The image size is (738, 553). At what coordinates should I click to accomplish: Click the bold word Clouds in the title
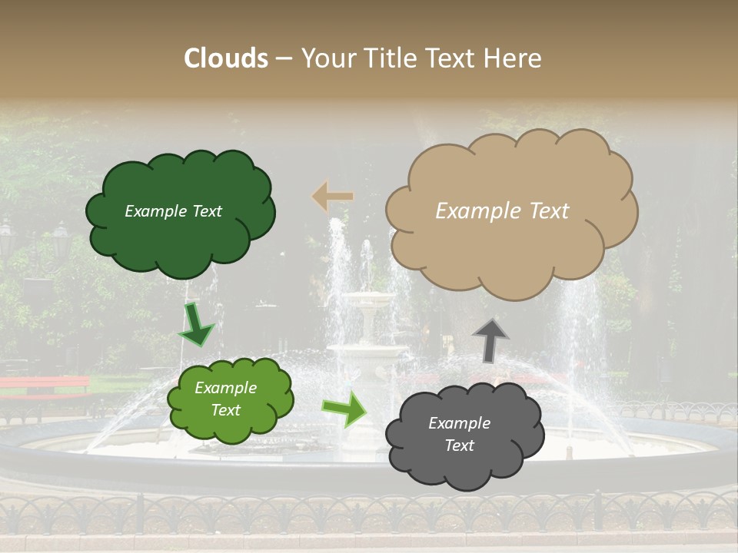click(226, 58)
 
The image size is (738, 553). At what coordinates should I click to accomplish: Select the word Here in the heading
click(515, 58)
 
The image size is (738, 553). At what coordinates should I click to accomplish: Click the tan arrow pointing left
click(332, 197)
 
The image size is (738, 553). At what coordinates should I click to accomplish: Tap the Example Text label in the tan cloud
click(502, 211)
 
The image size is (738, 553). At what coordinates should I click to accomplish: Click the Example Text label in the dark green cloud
click(173, 211)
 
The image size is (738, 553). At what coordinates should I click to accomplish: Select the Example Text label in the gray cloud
click(459, 434)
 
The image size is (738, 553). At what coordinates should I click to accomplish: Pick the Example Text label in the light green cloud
click(225, 399)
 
